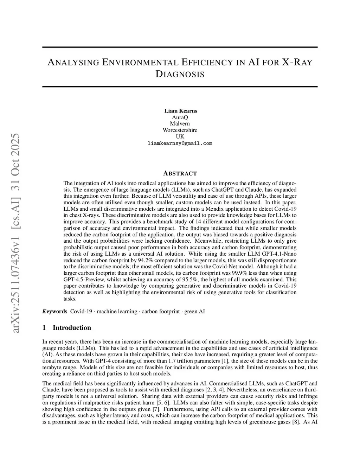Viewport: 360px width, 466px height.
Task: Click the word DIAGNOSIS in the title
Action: click(180, 74)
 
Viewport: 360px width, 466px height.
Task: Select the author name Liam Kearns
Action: click(181, 111)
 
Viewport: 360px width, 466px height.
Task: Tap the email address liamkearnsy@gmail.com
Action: click(180, 143)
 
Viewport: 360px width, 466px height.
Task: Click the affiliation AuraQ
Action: click(180, 117)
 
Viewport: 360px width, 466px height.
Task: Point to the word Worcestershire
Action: click(180, 130)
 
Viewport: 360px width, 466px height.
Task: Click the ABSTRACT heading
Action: click(180, 173)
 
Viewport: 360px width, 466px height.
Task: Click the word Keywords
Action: click(54, 311)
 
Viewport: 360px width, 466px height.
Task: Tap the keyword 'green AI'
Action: click(194, 311)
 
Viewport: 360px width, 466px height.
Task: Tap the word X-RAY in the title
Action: click(297, 63)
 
